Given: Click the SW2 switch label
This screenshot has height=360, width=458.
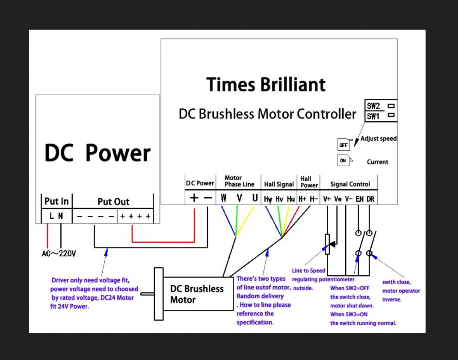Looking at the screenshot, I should pyautogui.click(x=373, y=106).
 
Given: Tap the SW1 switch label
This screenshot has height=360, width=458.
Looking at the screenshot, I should pyautogui.click(x=373, y=116).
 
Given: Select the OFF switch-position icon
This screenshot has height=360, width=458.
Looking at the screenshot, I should pyautogui.click(x=343, y=145).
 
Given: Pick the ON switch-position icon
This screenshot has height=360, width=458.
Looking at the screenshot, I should pyautogui.click(x=343, y=160).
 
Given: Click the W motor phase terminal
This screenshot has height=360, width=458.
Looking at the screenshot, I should pyautogui.click(x=224, y=198).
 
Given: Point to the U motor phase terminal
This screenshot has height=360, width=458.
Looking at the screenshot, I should pyautogui.click(x=255, y=198).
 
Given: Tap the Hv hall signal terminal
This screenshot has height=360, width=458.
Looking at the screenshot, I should pyautogui.click(x=279, y=199).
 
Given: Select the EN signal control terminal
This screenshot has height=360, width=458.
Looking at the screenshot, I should pyautogui.click(x=359, y=199).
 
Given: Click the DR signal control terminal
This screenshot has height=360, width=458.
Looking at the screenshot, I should pyautogui.click(x=370, y=199).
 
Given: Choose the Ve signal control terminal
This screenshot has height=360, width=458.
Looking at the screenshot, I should pyautogui.click(x=338, y=199).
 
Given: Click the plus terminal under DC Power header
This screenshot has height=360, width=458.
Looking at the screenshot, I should pyautogui.click(x=194, y=198).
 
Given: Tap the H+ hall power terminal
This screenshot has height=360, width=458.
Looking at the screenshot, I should pyautogui.click(x=303, y=199).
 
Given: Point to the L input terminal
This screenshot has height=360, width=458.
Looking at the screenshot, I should pyautogui.click(x=52, y=216).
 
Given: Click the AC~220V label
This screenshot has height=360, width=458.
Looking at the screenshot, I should pyautogui.click(x=59, y=254).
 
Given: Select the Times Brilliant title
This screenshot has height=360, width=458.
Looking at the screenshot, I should pyautogui.click(x=266, y=85).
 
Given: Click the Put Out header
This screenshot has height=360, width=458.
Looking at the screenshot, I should pyautogui.click(x=113, y=202).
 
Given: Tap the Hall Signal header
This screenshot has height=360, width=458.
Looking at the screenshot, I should pyautogui.click(x=279, y=184).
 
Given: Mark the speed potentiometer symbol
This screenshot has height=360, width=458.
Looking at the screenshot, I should pyautogui.click(x=328, y=244).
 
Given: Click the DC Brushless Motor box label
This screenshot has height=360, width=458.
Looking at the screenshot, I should pyautogui.click(x=197, y=294).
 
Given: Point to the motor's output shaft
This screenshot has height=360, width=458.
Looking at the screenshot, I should pyautogui.click(x=147, y=294).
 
